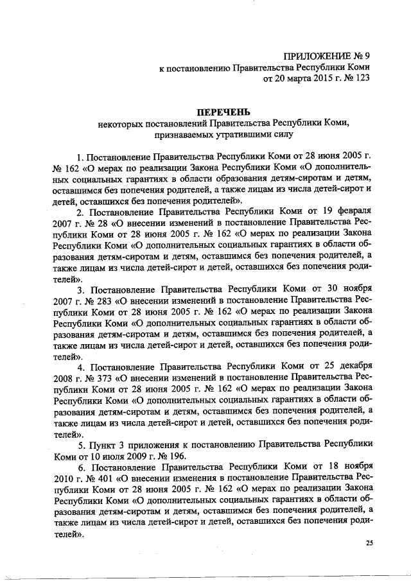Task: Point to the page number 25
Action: tap(369, 543)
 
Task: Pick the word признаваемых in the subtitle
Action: tap(182, 135)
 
